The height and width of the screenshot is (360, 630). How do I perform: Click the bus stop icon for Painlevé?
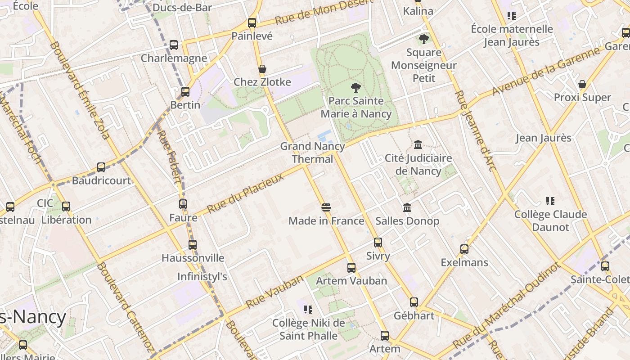[252, 22]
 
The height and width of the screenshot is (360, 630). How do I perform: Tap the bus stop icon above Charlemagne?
[174, 45]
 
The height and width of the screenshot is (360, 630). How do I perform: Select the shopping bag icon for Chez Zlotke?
[262, 69]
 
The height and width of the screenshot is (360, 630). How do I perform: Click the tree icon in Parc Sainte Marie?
[356, 87]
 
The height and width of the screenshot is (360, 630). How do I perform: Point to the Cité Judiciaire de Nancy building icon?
[418, 145]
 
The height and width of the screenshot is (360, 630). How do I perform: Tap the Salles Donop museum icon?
[407, 207]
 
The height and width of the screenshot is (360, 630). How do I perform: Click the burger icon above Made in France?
[326, 207]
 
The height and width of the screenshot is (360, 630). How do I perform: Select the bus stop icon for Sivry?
[378, 243]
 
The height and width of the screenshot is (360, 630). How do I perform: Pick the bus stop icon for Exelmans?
[464, 249]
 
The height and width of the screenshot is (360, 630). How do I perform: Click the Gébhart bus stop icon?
[414, 302]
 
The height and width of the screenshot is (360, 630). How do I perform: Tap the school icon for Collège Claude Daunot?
[550, 201]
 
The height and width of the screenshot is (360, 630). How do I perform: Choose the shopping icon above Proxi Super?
[582, 84]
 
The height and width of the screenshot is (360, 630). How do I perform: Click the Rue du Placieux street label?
[246, 193]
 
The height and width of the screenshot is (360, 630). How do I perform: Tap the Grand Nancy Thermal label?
[313, 153]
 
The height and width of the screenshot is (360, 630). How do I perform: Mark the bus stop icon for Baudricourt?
[101, 167]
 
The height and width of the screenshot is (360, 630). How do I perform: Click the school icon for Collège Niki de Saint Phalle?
[308, 310]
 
